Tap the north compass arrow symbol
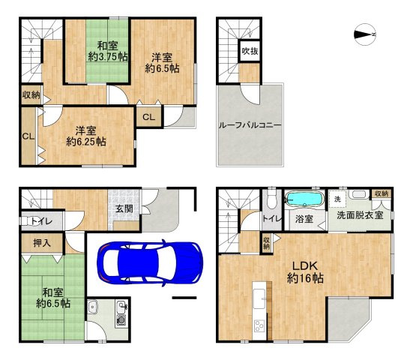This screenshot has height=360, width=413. pos(365,33)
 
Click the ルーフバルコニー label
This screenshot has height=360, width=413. pos(250,124)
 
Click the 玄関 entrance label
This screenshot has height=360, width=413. pos(124,209)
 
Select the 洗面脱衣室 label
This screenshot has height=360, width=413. pos(360,215)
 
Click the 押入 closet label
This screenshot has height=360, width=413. pos(42,243)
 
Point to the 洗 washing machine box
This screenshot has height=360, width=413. pos(337,199)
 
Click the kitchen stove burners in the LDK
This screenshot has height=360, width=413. pos(259,326)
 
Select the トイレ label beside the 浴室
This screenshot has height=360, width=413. pos(271,218)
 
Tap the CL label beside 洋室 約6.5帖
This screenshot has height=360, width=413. pos(148,117)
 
